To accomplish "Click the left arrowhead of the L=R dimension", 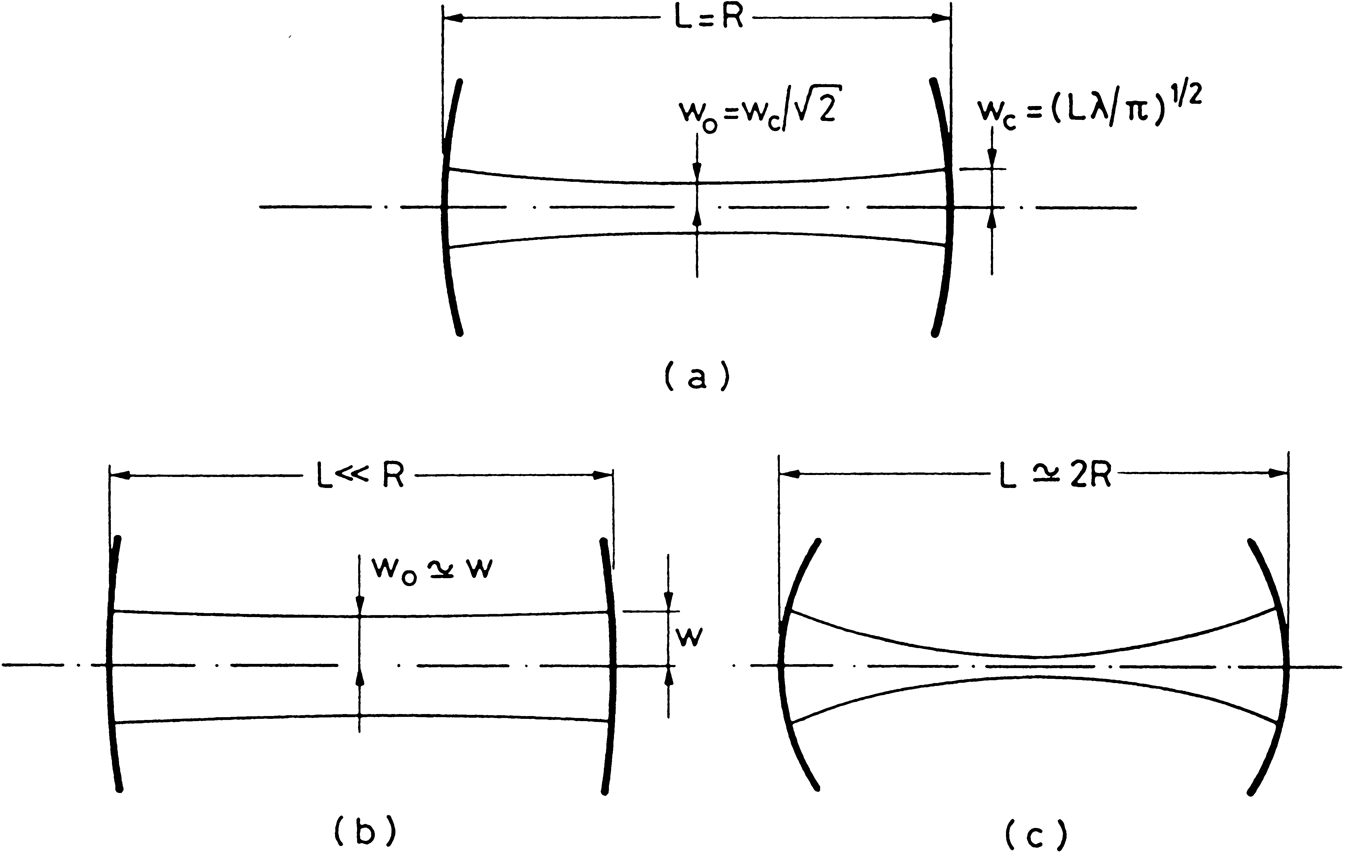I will click(454, 18).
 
